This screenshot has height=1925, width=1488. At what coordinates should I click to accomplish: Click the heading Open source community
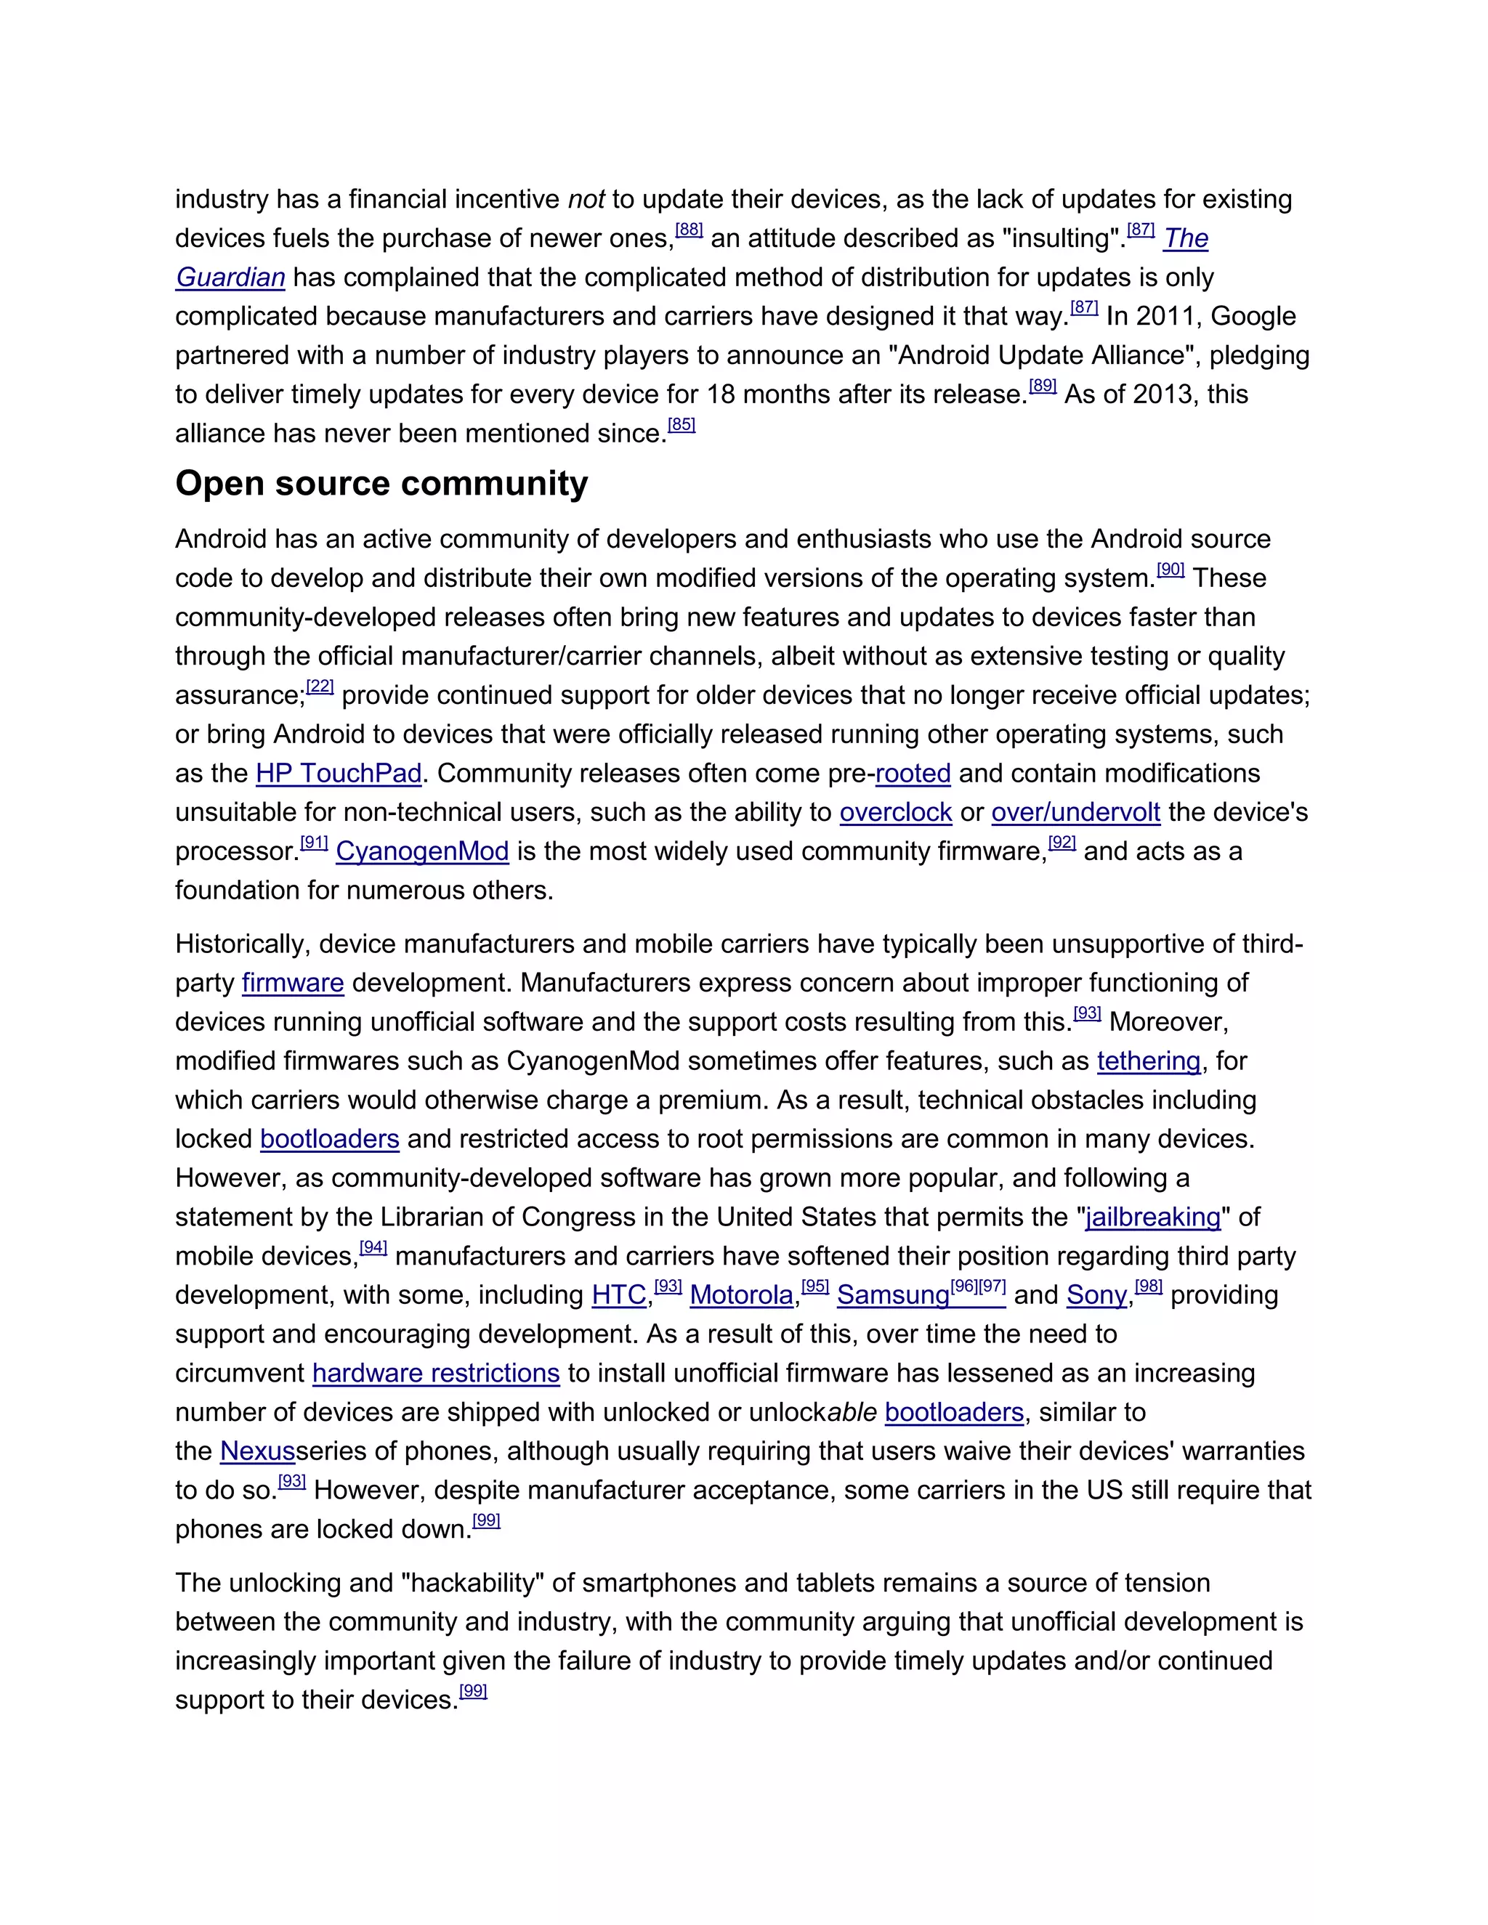point(381,484)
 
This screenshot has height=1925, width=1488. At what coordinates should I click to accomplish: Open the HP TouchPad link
point(339,773)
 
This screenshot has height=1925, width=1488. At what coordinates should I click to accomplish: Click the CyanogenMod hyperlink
point(422,851)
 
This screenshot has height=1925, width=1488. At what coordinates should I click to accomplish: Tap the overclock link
point(896,812)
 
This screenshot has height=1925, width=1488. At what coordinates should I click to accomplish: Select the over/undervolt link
point(1075,812)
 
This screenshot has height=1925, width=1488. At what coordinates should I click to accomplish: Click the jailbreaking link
point(1153,1217)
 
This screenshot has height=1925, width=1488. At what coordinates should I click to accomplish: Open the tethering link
point(1149,1061)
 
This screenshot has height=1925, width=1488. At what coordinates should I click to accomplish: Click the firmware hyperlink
point(293,983)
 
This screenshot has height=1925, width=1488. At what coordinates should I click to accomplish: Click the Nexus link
point(257,1451)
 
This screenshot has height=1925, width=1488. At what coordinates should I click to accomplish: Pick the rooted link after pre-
point(913,773)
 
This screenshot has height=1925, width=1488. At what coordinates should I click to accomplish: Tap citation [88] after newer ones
point(689,230)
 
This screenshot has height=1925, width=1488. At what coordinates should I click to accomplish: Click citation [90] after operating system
point(1170,570)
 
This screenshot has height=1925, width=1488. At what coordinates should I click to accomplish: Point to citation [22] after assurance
point(320,686)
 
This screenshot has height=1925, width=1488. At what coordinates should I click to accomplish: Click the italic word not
point(586,199)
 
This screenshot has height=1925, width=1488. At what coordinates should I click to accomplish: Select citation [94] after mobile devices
point(373,1248)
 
